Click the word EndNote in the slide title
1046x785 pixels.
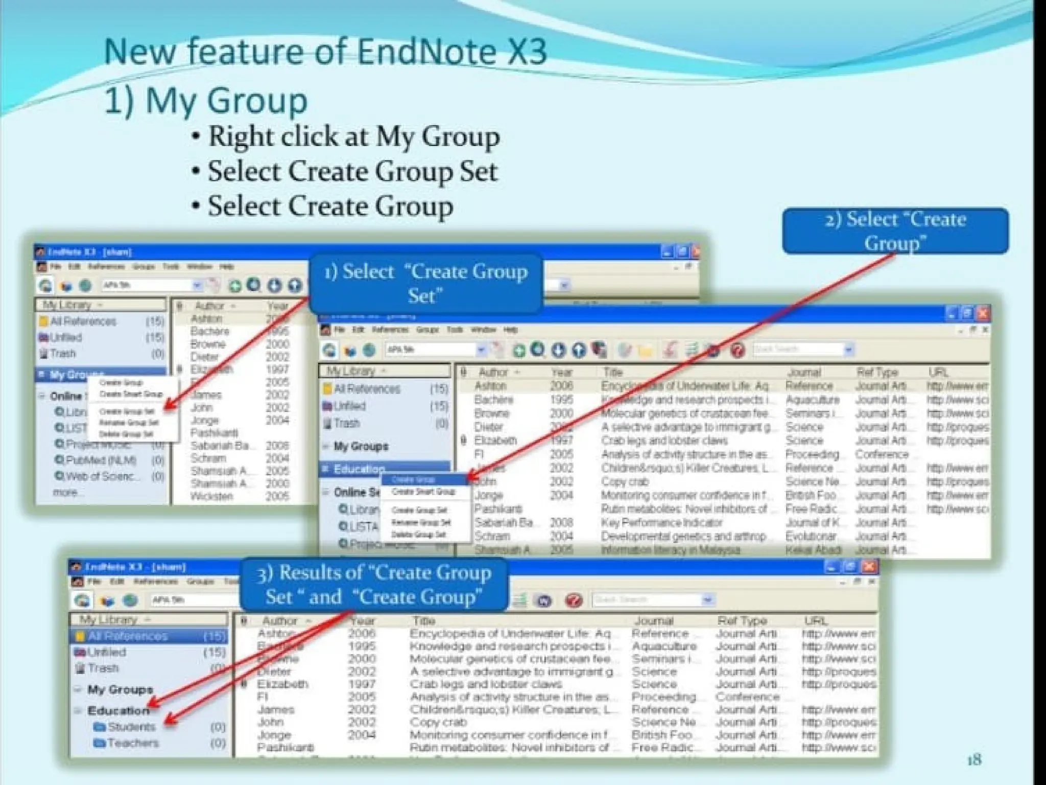[x=425, y=52]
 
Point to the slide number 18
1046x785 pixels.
[x=974, y=760]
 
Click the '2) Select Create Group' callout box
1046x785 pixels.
[x=895, y=230]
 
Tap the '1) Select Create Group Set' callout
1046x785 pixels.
[x=425, y=283]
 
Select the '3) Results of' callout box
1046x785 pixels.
[x=374, y=584]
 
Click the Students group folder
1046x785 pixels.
[x=131, y=727]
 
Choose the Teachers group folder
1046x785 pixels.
[x=132, y=743]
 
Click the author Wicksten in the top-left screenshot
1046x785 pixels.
[x=211, y=496]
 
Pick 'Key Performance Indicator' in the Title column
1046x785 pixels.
[x=661, y=522]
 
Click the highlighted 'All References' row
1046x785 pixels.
[x=128, y=636]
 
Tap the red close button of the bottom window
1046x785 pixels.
[x=869, y=566]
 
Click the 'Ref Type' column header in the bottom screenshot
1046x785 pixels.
[x=742, y=620]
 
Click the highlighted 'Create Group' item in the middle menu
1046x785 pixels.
[x=413, y=480]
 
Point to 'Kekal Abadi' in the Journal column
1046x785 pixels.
[x=813, y=550]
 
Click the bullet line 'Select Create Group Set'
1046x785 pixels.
[x=352, y=171]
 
